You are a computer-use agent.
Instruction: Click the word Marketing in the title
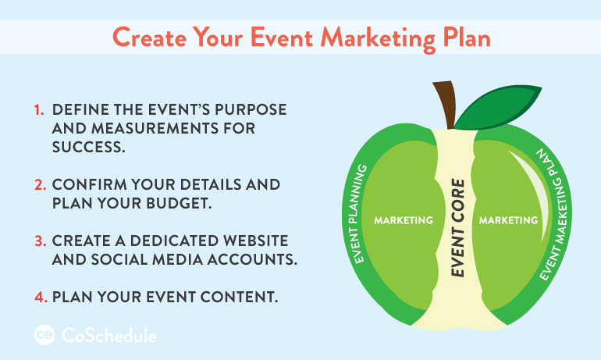pyautogui.click(x=379, y=38)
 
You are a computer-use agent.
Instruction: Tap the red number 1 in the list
pyautogui.click(x=39, y=110)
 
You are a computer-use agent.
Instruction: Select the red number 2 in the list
pyautogui.click(x=41, y=185)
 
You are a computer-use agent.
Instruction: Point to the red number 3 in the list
pyautogui.click(x=41, y=241)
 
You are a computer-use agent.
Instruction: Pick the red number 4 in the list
pyautogui.click(x=41, y=297)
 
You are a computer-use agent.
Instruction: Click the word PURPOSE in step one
pyautogui.click(x=251, y=109)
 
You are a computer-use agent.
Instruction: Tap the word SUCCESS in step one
pyautogui.click(x=88, y=147)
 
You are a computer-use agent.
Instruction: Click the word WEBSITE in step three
pyautogui.click(x=256, y=241)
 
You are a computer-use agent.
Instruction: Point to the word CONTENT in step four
pyautogui.click(x=239, y=297)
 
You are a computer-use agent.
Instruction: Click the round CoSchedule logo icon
pyautogui.click(x=44, y=335)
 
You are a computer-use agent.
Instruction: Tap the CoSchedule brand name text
pyautogui.click(x=109, y=335)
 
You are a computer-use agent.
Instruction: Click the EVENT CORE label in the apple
pyautogui.click(x=457, y=228)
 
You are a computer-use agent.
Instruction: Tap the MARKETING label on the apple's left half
pyautogui.click(x=404, y=220)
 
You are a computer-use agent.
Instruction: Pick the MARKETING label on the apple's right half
pyautogui.click(x=508, y=220)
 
